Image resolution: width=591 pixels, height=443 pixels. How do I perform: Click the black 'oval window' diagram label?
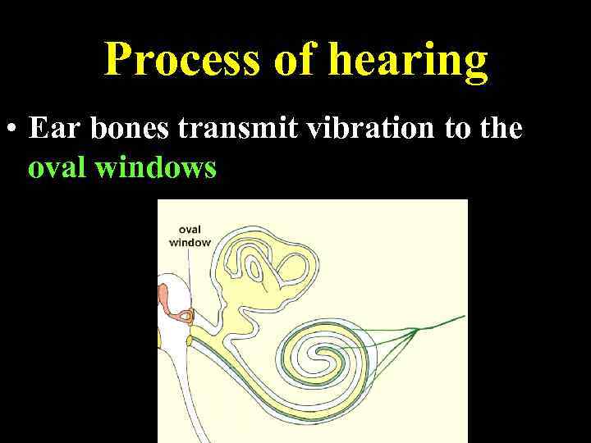pyautogui.click(x=190, y=235)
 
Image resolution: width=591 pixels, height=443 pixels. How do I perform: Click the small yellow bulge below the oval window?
pyautogui.click(x=190, y=339)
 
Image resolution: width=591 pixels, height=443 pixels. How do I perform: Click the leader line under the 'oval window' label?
pyautogui.click(x=190, y=275)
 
